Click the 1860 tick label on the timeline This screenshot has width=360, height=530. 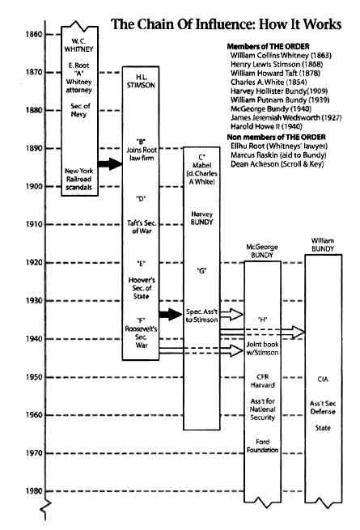click(34, 34)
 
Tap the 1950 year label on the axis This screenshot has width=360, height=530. click(34, 377)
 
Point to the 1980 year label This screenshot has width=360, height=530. click(34, 491)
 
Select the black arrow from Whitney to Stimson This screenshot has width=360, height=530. click(110, 164)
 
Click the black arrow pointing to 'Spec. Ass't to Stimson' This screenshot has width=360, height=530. click(171, 314)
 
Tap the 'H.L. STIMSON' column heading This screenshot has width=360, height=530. click(141, 81)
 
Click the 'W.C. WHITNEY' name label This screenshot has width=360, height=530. click(78, 45)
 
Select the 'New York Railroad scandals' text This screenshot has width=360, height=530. click(78, 179)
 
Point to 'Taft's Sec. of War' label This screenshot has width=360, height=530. click(142, 227)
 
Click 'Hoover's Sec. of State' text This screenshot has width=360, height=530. click(142, 288)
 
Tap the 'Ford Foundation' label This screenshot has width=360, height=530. click(263, 446)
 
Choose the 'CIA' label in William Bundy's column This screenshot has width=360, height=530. click(323, 379)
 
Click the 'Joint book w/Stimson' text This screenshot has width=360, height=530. click(263, 348)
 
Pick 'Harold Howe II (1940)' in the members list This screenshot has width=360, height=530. click(266, 126)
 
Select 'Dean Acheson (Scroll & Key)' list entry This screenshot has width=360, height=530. click(277, 164)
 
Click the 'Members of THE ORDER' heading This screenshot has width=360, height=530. click(268, 46)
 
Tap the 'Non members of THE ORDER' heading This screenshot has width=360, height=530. click(276, 137)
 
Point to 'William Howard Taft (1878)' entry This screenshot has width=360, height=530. click(275, 73)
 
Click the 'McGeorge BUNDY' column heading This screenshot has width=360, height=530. click(262, 251)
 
